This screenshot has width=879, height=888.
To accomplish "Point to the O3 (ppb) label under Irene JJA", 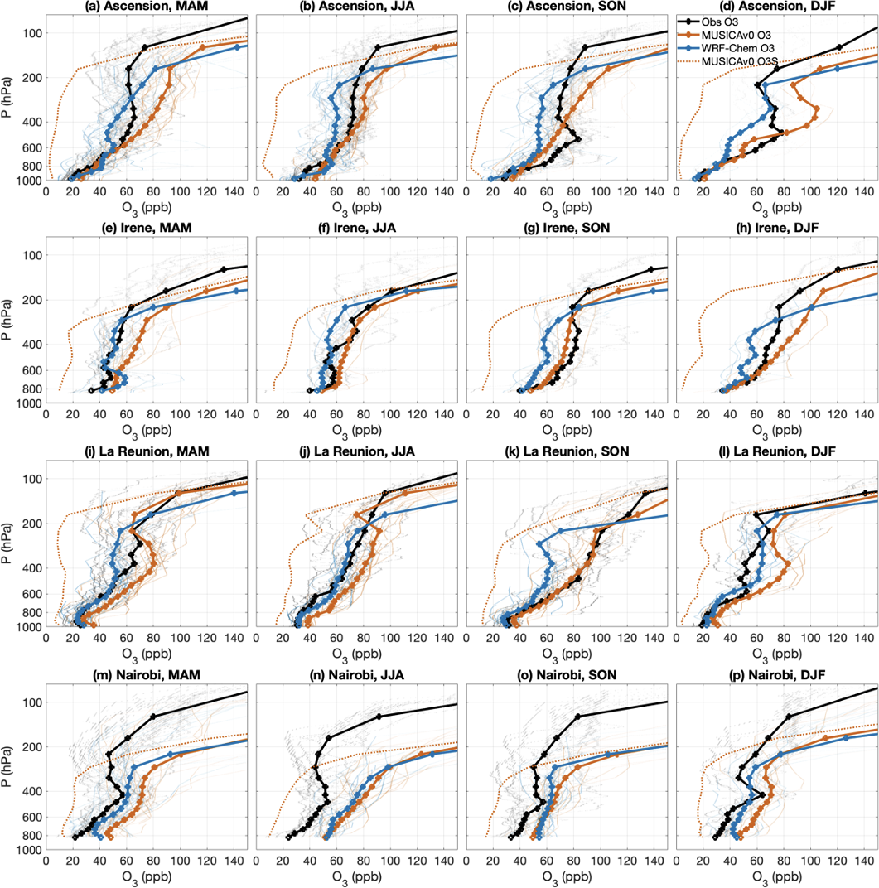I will (356, 432).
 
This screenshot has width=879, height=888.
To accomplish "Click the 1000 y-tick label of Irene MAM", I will (30, 403).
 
